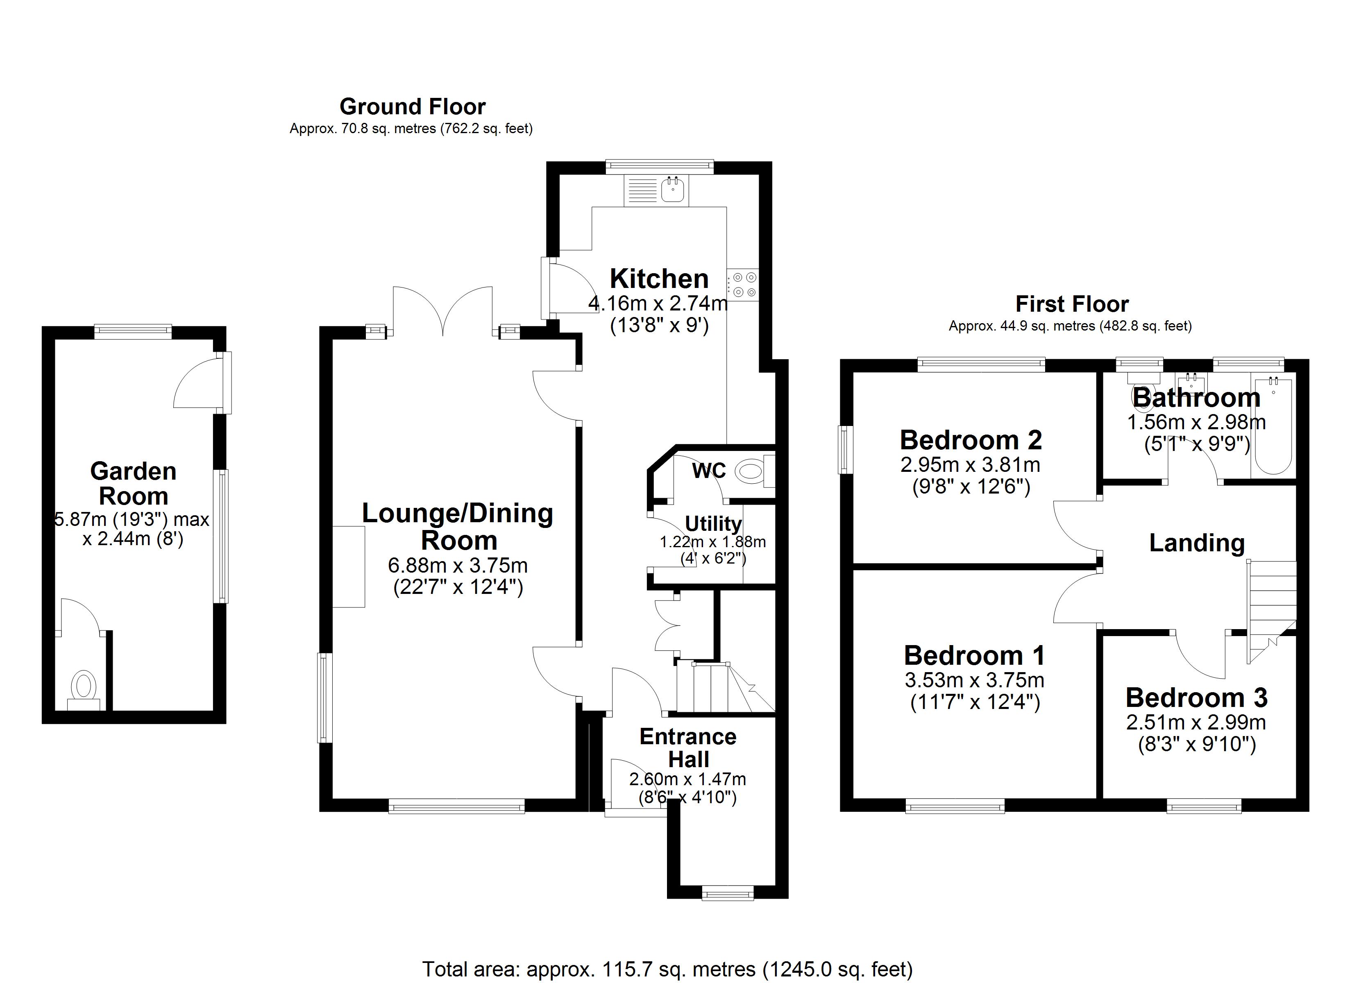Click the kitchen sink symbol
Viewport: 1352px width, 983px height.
click(x=674, y=191)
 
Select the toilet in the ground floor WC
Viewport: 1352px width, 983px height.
click(x=751, y=472)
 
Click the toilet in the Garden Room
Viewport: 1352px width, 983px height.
click(x=84, y=688)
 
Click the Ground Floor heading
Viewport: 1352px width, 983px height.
click(x=413, y=107)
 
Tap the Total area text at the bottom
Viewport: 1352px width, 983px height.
click(x=667, y=969)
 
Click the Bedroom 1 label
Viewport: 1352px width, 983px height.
click(x=974, y=655)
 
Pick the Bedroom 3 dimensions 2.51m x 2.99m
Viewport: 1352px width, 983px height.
click(x=1196, y=722)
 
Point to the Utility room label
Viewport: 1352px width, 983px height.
click(x=713, y=523)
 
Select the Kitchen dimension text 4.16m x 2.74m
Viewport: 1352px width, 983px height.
click(x=658, y=304)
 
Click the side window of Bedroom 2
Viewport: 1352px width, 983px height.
click(x=845, y=449)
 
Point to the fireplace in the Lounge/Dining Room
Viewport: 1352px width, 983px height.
click(x=349, y=567)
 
